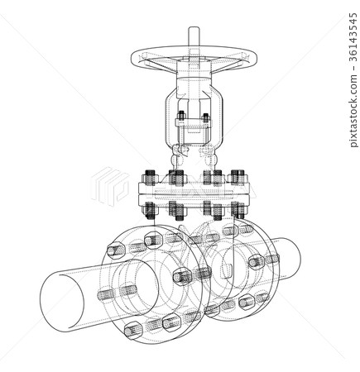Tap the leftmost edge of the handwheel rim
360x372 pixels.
pos(132,60)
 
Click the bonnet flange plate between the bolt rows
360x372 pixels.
pos(195,193)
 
